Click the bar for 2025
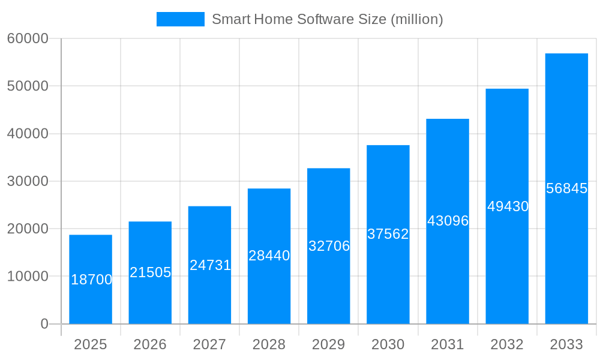91,279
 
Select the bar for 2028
269,256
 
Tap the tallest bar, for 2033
566,188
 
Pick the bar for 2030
388,234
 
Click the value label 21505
151,272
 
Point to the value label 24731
210,265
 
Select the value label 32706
329,246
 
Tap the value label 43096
448,221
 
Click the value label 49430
508,206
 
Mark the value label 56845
566,188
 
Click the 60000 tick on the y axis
28,38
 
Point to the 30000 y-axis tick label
28,181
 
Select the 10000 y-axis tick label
28,277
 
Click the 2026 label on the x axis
150,344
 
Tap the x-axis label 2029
329,344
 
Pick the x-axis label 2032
507,344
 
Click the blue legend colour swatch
180,19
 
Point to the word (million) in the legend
416,19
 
